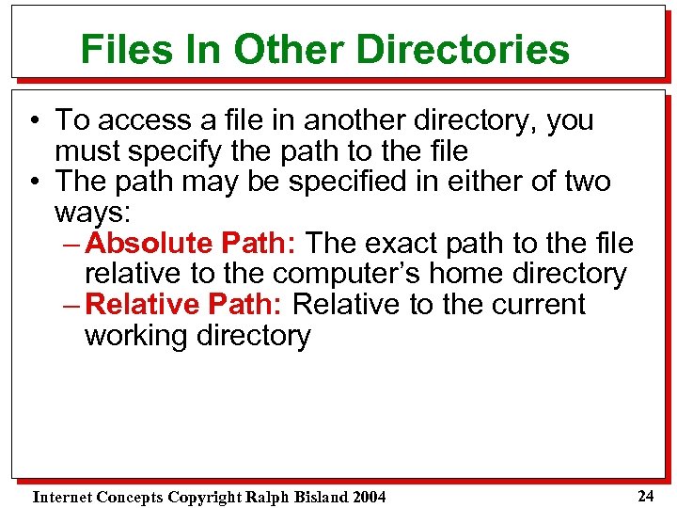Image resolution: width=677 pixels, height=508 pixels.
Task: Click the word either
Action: point(449,181)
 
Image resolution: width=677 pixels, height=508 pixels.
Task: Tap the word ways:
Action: point(89,212)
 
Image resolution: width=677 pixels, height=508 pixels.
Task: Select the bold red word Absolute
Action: point(149,243)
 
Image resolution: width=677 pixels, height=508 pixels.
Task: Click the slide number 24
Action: point(645,495)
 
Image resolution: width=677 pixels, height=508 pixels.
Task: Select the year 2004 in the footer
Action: point(366,496)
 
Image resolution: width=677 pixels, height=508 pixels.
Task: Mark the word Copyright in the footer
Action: point(201,496)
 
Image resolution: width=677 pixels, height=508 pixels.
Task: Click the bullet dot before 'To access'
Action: point(33,121)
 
